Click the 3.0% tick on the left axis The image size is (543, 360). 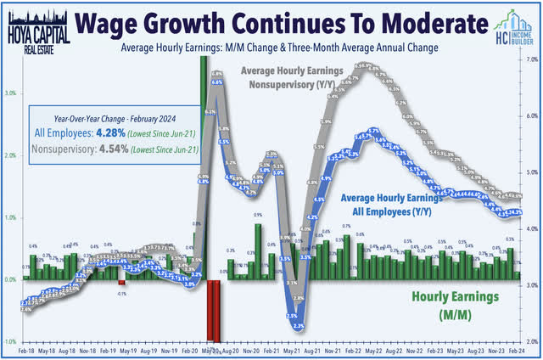(8, 94)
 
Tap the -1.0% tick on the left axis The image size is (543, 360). (8, 340)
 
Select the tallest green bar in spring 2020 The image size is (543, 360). (204, 170)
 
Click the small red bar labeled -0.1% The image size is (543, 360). (121, 283)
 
